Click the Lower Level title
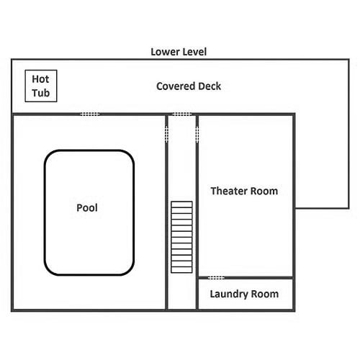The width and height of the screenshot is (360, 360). tap(179, 52)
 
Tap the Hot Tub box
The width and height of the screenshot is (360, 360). tap(41, 86)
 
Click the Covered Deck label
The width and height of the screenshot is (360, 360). tap(189, 86)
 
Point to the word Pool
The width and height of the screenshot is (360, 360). tap(87, 207)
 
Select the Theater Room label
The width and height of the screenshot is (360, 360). tap(244, 191)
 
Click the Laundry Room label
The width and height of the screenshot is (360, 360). tap(244, 294)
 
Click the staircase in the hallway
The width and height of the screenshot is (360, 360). tap(181, 237)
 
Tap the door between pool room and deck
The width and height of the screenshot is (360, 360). tap(90, 114)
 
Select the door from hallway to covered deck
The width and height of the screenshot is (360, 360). tap(182, 114)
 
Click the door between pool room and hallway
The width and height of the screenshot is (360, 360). tap(166, 134)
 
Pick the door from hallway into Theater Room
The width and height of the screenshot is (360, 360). tap(197, 134)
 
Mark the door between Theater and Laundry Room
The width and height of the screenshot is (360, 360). tap(216, 278)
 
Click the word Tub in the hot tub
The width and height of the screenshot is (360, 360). tap(41, 93)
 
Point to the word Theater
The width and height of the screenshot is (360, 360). tap(228, 191)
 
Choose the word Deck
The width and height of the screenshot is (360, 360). tap(210, 86)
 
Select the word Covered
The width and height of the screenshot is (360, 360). tap(176, 86)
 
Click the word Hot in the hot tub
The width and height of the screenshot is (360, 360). tap(40, 79)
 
